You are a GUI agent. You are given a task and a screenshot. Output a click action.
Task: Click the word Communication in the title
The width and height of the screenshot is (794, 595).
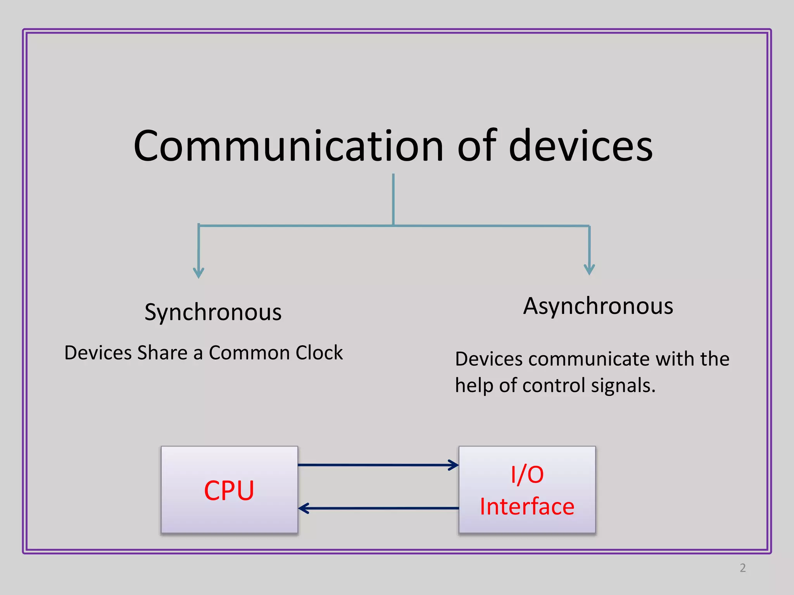[x=288, y=146]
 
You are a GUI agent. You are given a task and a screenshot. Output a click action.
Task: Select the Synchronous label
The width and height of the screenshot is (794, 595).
[x=213, y=312]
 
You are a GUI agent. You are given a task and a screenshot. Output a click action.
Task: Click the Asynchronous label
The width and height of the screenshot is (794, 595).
[x=598, y=306]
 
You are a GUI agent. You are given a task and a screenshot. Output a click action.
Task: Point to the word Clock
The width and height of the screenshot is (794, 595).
[x=319, y=353]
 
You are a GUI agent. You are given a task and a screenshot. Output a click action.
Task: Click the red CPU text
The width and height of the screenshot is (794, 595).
[x=229, y=490]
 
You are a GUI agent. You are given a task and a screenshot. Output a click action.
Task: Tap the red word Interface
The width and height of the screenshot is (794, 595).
[x=527, y=506]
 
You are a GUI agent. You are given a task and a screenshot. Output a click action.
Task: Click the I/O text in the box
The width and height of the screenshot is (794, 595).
[x=527, y=475]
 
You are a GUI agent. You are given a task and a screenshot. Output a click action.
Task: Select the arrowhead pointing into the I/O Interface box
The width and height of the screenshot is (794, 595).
[x=454, y=465]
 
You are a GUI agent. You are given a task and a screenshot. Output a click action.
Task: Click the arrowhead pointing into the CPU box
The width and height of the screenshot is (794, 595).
[x=304, y=508]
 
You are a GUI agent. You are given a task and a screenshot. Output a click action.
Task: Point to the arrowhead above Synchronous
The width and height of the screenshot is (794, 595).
[x=198, y=273]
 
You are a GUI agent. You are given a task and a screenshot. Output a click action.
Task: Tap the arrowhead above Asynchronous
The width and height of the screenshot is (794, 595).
[x=589, y=270]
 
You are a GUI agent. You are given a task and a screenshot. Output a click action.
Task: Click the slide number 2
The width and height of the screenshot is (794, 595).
[x=742, y=568]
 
